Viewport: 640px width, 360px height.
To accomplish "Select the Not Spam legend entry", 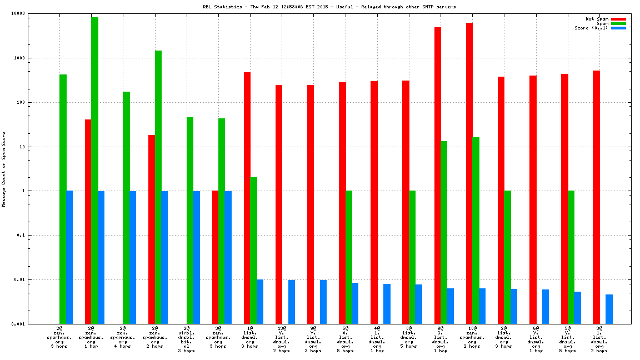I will pyautogui.click(x=598, y=19).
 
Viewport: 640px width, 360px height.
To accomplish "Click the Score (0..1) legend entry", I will pyautogui.click(x=591, y=28).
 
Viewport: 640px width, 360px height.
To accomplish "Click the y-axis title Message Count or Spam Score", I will pyautogui.click(x=4, y=169).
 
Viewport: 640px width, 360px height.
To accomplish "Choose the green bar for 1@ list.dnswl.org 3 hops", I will pyautogui.click(x=253, y=251).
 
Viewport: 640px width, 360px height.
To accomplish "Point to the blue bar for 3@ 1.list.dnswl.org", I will pyautogui.click(x=609, y=309).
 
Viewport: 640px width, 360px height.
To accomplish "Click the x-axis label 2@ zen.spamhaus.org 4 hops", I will pyautogui.click(x=123, y=337).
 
